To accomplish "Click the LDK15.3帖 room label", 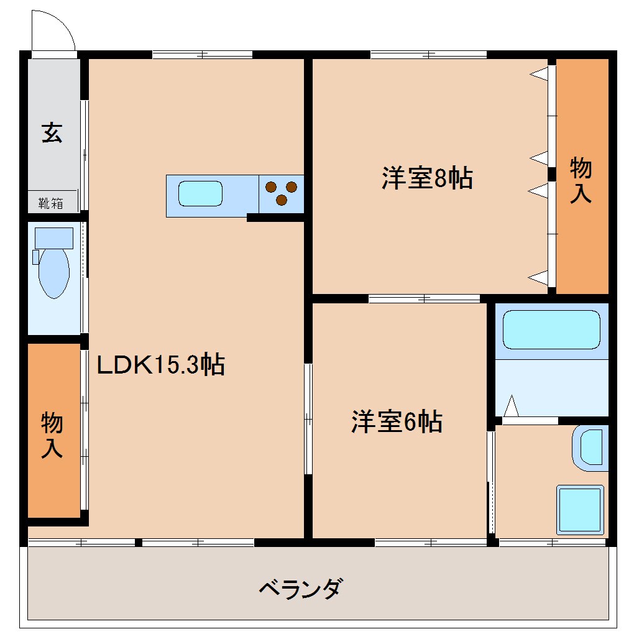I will (160, 365).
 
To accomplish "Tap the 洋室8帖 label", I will (427, 178).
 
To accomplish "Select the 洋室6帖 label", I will (397, 422).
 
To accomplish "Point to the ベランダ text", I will (300, 587).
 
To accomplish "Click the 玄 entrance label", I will (52, 132).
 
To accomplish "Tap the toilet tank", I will (53, 237).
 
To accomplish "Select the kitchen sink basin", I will (200, 193).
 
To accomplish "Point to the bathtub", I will (551, 329).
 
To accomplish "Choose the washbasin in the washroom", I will (590, 446).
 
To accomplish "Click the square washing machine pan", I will (580, 509).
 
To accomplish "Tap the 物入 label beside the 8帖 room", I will (581, 180).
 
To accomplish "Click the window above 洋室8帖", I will (429, 54).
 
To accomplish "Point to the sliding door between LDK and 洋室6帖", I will (308, 420).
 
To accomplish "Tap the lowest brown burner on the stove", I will (281, 200).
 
